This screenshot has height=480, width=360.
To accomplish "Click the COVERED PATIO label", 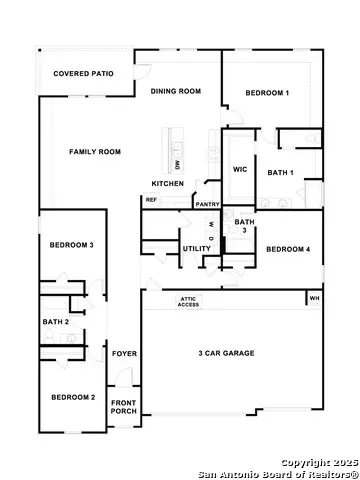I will pos(83,74).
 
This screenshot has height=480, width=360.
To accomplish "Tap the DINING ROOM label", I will pos(176,91).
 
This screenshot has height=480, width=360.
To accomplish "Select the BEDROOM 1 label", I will pos(268,93).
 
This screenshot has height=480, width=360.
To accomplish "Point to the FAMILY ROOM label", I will pos(95,152).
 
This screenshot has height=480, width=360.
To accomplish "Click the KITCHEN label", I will pos(167,184).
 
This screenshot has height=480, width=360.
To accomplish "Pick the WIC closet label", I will pos(240,170).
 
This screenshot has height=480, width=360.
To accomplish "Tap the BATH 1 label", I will pos(281,173).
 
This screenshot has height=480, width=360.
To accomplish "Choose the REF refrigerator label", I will pos(152,200).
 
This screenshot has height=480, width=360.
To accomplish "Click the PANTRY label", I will pos(208,204).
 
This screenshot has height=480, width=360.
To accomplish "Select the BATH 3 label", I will pos(244,226).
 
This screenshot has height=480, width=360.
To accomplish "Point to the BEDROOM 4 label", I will pos(288,249).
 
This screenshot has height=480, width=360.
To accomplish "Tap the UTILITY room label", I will pos(196,248).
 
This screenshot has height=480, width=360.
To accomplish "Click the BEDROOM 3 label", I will pos(72,245).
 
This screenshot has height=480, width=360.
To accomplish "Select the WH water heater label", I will pos(314,298).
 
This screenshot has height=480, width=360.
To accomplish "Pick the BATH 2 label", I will pos(55,322).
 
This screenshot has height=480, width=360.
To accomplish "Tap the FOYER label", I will pos(124,354).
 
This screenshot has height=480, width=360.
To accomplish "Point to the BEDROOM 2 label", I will pos(73,398).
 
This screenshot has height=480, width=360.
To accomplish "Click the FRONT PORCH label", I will pos(124,406).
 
